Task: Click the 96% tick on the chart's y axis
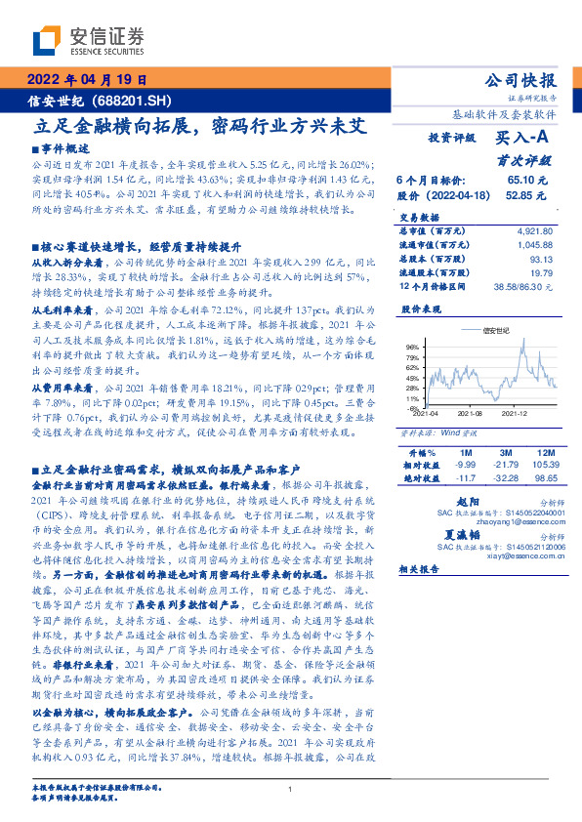click(412, 347)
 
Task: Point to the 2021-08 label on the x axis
click(470, 415)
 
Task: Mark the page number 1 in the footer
click(290, 789)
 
